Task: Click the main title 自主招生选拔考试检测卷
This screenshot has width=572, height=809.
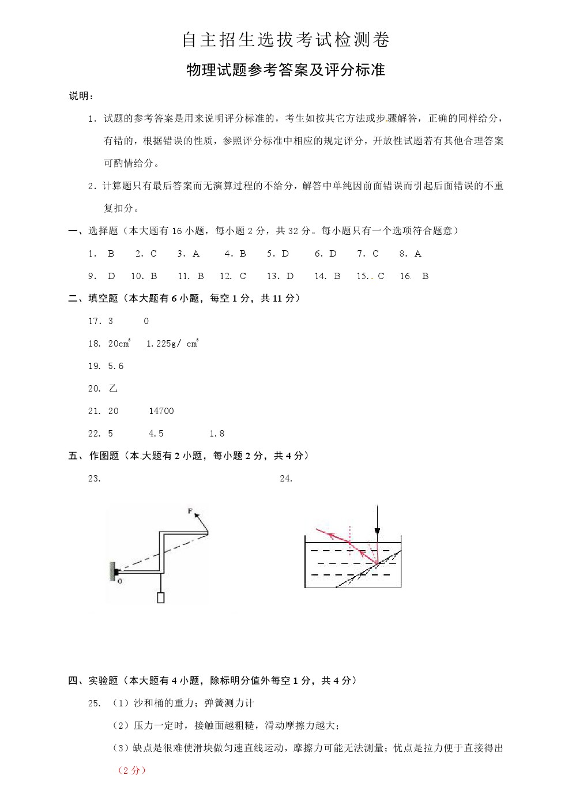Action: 286,39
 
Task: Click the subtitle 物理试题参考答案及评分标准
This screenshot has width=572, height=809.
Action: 286,70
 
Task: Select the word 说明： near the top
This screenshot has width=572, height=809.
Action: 81,96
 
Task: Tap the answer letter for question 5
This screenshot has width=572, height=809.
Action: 285,253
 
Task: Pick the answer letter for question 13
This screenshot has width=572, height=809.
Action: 290,276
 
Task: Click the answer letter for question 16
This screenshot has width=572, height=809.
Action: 425,276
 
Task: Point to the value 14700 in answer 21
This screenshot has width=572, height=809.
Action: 161,411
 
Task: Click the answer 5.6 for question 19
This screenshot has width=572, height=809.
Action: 115,366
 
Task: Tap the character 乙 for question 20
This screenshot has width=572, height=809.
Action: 113,388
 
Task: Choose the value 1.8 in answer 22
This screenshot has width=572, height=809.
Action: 217,433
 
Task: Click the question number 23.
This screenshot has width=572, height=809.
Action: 94,478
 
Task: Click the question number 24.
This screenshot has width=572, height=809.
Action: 286,478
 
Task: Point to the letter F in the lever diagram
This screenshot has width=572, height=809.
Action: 190,511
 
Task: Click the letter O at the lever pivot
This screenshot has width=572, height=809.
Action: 120,581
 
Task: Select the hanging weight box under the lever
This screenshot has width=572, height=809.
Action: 160,597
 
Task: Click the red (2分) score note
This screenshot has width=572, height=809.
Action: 131,770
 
